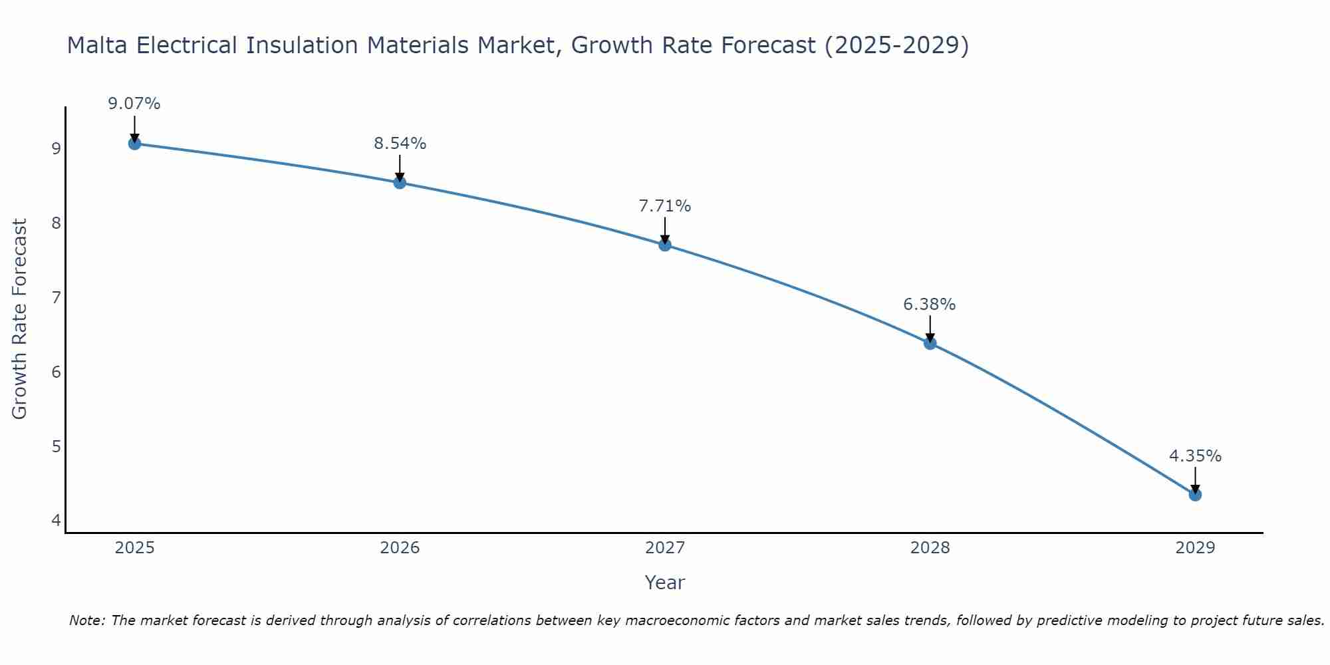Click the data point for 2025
tap(134, 143)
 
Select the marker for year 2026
tap(400, 182)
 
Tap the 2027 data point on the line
tap(665, 245)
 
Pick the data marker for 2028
tap(930, 343)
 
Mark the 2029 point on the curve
tap(1195, 495)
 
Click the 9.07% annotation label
tap(134, 104)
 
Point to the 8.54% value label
tap(400, 143)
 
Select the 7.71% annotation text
tap(665, 206)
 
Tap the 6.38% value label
tap(930, 305)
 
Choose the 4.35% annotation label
tap(1195, 456)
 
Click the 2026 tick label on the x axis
tap(400, 548)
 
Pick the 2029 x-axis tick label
tap(1195, 548)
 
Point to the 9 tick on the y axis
tap(56, 148)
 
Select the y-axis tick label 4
tap(56, 520)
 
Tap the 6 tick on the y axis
tap(56, 372)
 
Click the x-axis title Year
tap(665, 583)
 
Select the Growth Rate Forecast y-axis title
tap(20, 319)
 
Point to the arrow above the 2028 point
tap(930, 329)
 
